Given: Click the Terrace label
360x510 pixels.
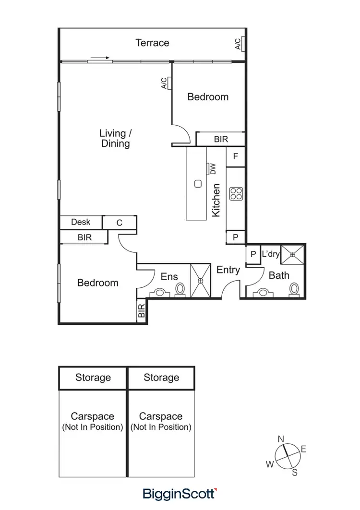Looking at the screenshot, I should coord(152,43).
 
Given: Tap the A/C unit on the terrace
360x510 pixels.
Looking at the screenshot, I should coord(243,44).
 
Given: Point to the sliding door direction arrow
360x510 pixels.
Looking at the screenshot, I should coord(100,58).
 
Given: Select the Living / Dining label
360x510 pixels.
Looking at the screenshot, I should coord(115,138).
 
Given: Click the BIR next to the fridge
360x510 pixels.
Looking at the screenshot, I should coord(221,139).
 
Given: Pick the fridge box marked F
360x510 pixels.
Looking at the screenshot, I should coord(236,156).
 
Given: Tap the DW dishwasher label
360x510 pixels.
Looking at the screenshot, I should coord(212,169).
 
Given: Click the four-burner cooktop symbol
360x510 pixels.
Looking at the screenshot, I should coord(236,193).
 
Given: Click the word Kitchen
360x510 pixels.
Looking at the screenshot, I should coord(216,200).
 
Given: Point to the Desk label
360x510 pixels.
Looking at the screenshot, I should coord(81,222).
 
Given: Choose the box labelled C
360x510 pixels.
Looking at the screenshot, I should coord(120,223).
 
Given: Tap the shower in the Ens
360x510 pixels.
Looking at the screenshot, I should coord(201,281).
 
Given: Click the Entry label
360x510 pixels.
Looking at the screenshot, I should coord(228,270).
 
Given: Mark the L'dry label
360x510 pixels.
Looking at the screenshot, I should coord(270,254).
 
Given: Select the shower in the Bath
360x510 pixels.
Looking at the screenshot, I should coord(293,254).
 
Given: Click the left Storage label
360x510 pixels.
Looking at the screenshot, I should coord(93,378).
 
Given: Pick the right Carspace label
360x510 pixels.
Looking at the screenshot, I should coord(161,416).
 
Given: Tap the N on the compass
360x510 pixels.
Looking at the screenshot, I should coord(281,439).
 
